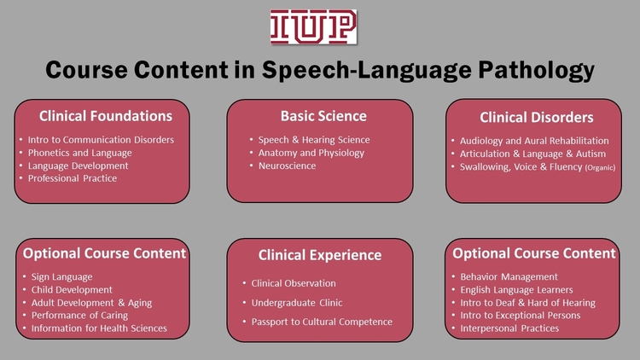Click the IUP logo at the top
click(313, 26)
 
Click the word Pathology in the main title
click(537, 70)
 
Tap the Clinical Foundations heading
click(106, 116)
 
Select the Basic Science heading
click(323, 116)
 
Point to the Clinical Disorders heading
click(537, 118)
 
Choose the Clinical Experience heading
click(320, 255)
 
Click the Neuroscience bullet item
click(287, 165)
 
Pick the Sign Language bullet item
click(61, 276)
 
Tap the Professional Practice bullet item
click(73, 178)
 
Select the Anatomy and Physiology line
click(311, 153)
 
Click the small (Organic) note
click(600, 167)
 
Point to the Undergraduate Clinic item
click(297, 303)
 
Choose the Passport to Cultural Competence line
click(322, 322)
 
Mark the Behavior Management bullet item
click(509, 276)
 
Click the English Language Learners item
click(516, 290)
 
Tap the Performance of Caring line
click(79, 315)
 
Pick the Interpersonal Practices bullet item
click(509, 328)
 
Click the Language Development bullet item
click(78, 165)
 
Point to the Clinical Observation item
click(294, 283)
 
